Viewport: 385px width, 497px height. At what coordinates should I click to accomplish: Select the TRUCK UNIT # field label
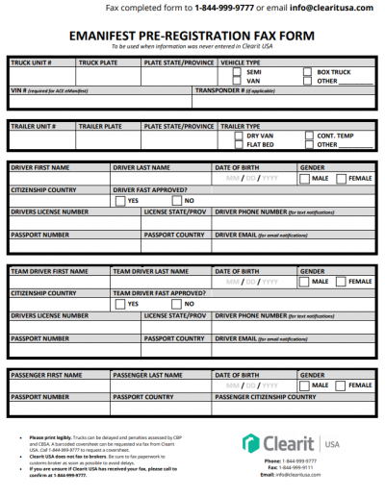click(x=31, y=61)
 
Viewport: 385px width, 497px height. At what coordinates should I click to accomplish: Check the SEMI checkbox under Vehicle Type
click(x=239, y=72)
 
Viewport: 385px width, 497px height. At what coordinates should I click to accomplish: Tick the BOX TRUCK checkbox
click(x=307, y=72)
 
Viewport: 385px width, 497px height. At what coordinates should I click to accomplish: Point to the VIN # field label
click(x=19, y=89)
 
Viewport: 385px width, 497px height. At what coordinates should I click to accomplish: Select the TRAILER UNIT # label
click(x=34, y=126)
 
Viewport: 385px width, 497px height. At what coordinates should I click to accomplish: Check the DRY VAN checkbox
click(x=239, y=137)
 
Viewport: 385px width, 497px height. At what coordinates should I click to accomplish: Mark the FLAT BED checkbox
click(x=239, y=145)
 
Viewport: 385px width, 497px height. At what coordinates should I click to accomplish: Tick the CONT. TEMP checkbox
click(x=307, y=137)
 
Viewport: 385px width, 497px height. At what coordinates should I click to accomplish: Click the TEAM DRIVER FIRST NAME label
click(x=48, y=272)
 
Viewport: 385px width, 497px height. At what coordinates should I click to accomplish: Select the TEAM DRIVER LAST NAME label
click(x=151, y=272)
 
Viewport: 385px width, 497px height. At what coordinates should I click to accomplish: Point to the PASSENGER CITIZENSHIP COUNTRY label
click(x=265, y=396)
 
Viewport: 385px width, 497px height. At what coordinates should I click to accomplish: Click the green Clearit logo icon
click(x=250, y=443)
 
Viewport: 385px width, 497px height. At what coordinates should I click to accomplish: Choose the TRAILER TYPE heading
click(x=241, y=126)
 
